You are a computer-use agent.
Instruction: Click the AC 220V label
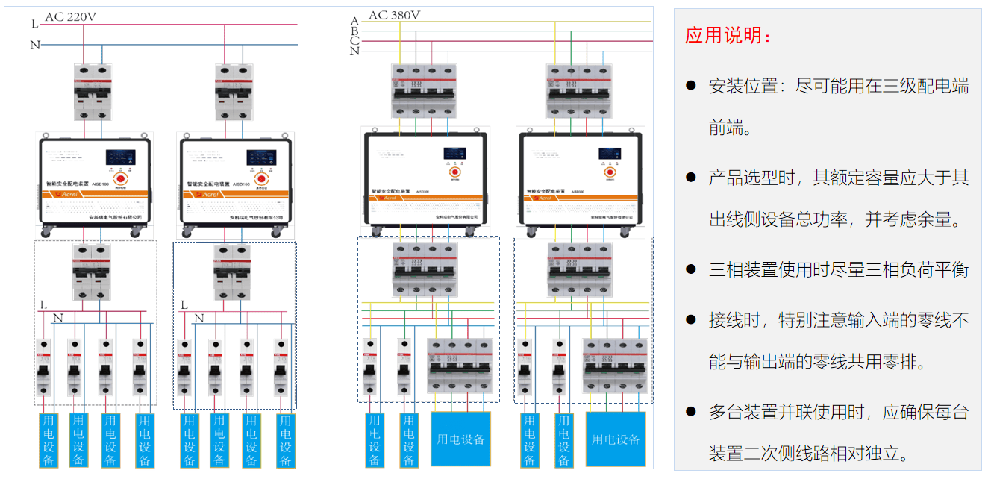pos(73,16)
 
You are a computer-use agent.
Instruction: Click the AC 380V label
pos(394,14)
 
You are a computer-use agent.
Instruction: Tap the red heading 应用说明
pos(728,36)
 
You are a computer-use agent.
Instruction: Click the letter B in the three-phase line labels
pos(354,31)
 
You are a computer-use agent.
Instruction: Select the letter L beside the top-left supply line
pos(34,24)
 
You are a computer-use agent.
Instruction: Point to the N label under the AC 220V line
pos(34,45)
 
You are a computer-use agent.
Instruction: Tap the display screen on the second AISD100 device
pos(261,157)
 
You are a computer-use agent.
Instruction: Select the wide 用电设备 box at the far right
pos(616,439)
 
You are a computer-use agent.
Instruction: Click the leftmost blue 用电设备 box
pos(49,439)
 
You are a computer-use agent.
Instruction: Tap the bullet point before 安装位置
pos(691,86)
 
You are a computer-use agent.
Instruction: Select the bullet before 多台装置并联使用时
pos(691,412)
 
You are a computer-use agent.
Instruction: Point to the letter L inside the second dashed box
pos(184,305)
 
